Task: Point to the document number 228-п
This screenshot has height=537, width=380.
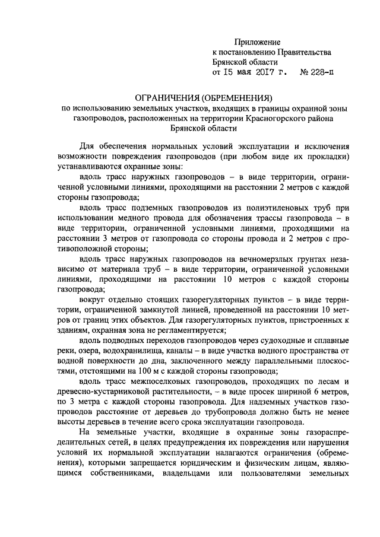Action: (321, 74)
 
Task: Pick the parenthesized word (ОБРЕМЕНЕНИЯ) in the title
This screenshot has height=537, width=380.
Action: (236, 97)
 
